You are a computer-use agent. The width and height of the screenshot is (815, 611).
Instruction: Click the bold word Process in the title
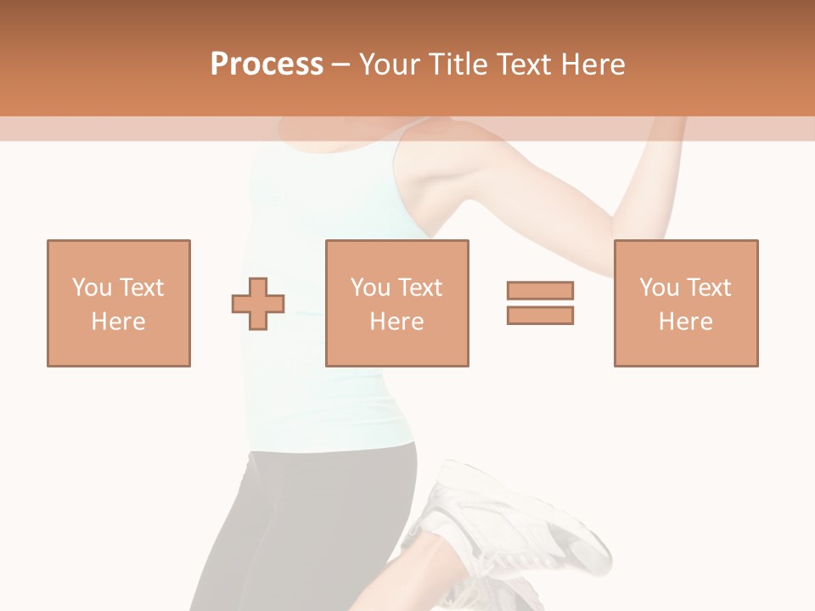coord(267,64)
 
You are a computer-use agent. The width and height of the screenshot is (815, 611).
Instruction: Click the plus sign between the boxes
coord(258,304)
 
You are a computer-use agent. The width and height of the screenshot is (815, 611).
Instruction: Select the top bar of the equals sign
coord(541,290)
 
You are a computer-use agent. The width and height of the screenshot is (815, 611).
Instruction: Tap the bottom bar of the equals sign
coord(541,315)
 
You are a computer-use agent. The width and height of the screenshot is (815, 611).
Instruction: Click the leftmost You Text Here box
coord(119,304)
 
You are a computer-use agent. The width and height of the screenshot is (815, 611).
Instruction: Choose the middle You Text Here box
coord(397,304)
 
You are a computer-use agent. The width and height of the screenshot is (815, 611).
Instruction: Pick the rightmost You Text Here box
coord(686,304)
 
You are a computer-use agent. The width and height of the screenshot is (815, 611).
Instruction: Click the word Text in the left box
coord(142,288)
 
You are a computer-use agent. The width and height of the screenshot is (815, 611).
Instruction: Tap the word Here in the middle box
coord(397,322)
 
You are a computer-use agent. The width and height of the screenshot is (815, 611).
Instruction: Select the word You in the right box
coord(660,288)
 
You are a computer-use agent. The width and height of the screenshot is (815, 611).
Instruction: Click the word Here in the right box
coord(686,322)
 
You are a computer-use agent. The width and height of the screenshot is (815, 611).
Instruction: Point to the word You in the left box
coord(93,288)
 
